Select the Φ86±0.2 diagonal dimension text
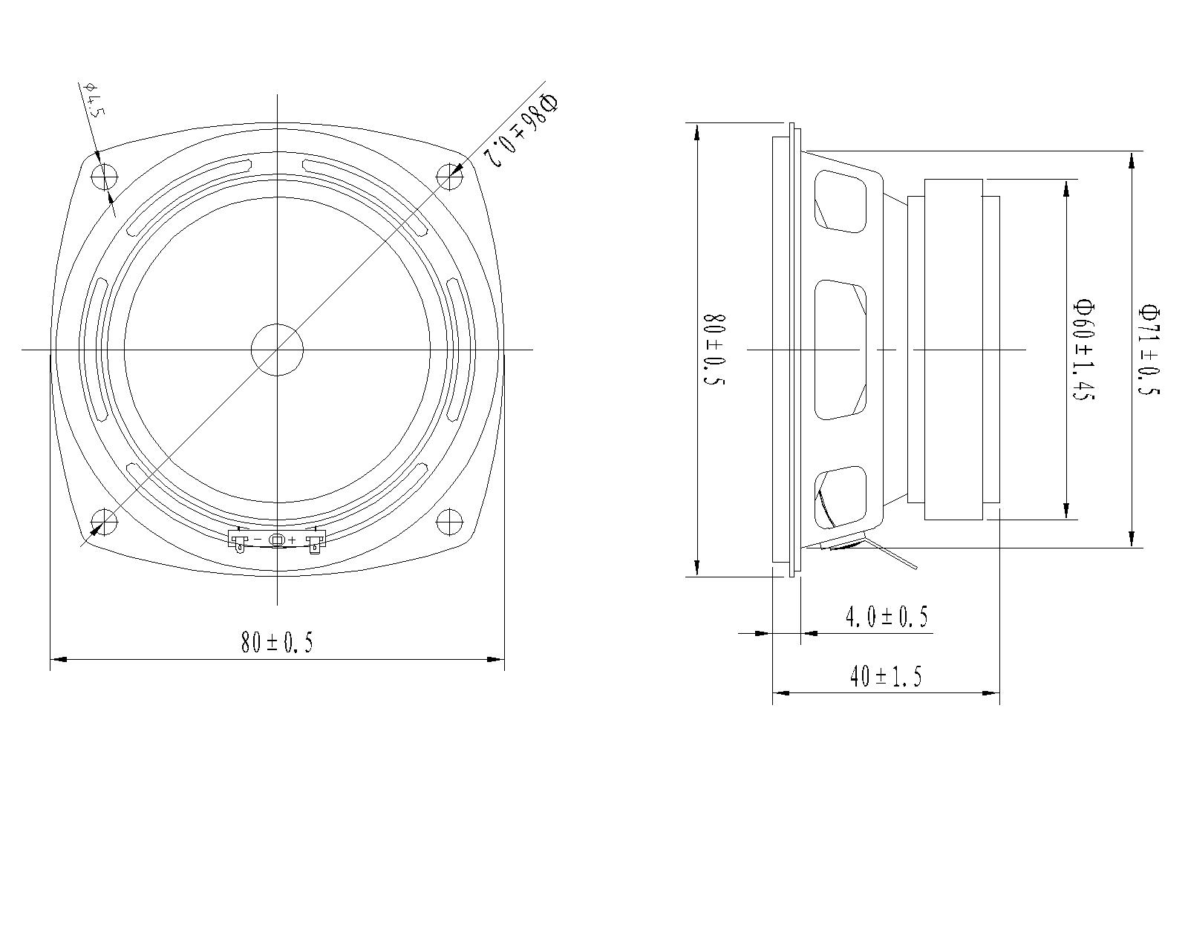(520, 128)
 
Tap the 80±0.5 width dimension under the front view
(276, 641)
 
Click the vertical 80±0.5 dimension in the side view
(714, 350)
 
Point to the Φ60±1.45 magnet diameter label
(1083, 350)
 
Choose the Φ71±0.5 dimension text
(1149, 350)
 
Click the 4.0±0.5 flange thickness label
(887, 617)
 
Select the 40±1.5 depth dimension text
(885, 676)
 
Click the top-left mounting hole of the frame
(105, 177)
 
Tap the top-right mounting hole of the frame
(449, 177)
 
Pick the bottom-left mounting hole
(105, 521)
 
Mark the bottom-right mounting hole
(449, 521)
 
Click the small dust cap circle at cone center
(277, 350)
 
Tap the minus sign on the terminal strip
(258, 540)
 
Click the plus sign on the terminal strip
(293, 540)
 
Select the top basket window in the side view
(841, 201)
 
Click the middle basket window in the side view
(841, 350)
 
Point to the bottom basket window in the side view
(841, 498)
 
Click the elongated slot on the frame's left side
(99, 350)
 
